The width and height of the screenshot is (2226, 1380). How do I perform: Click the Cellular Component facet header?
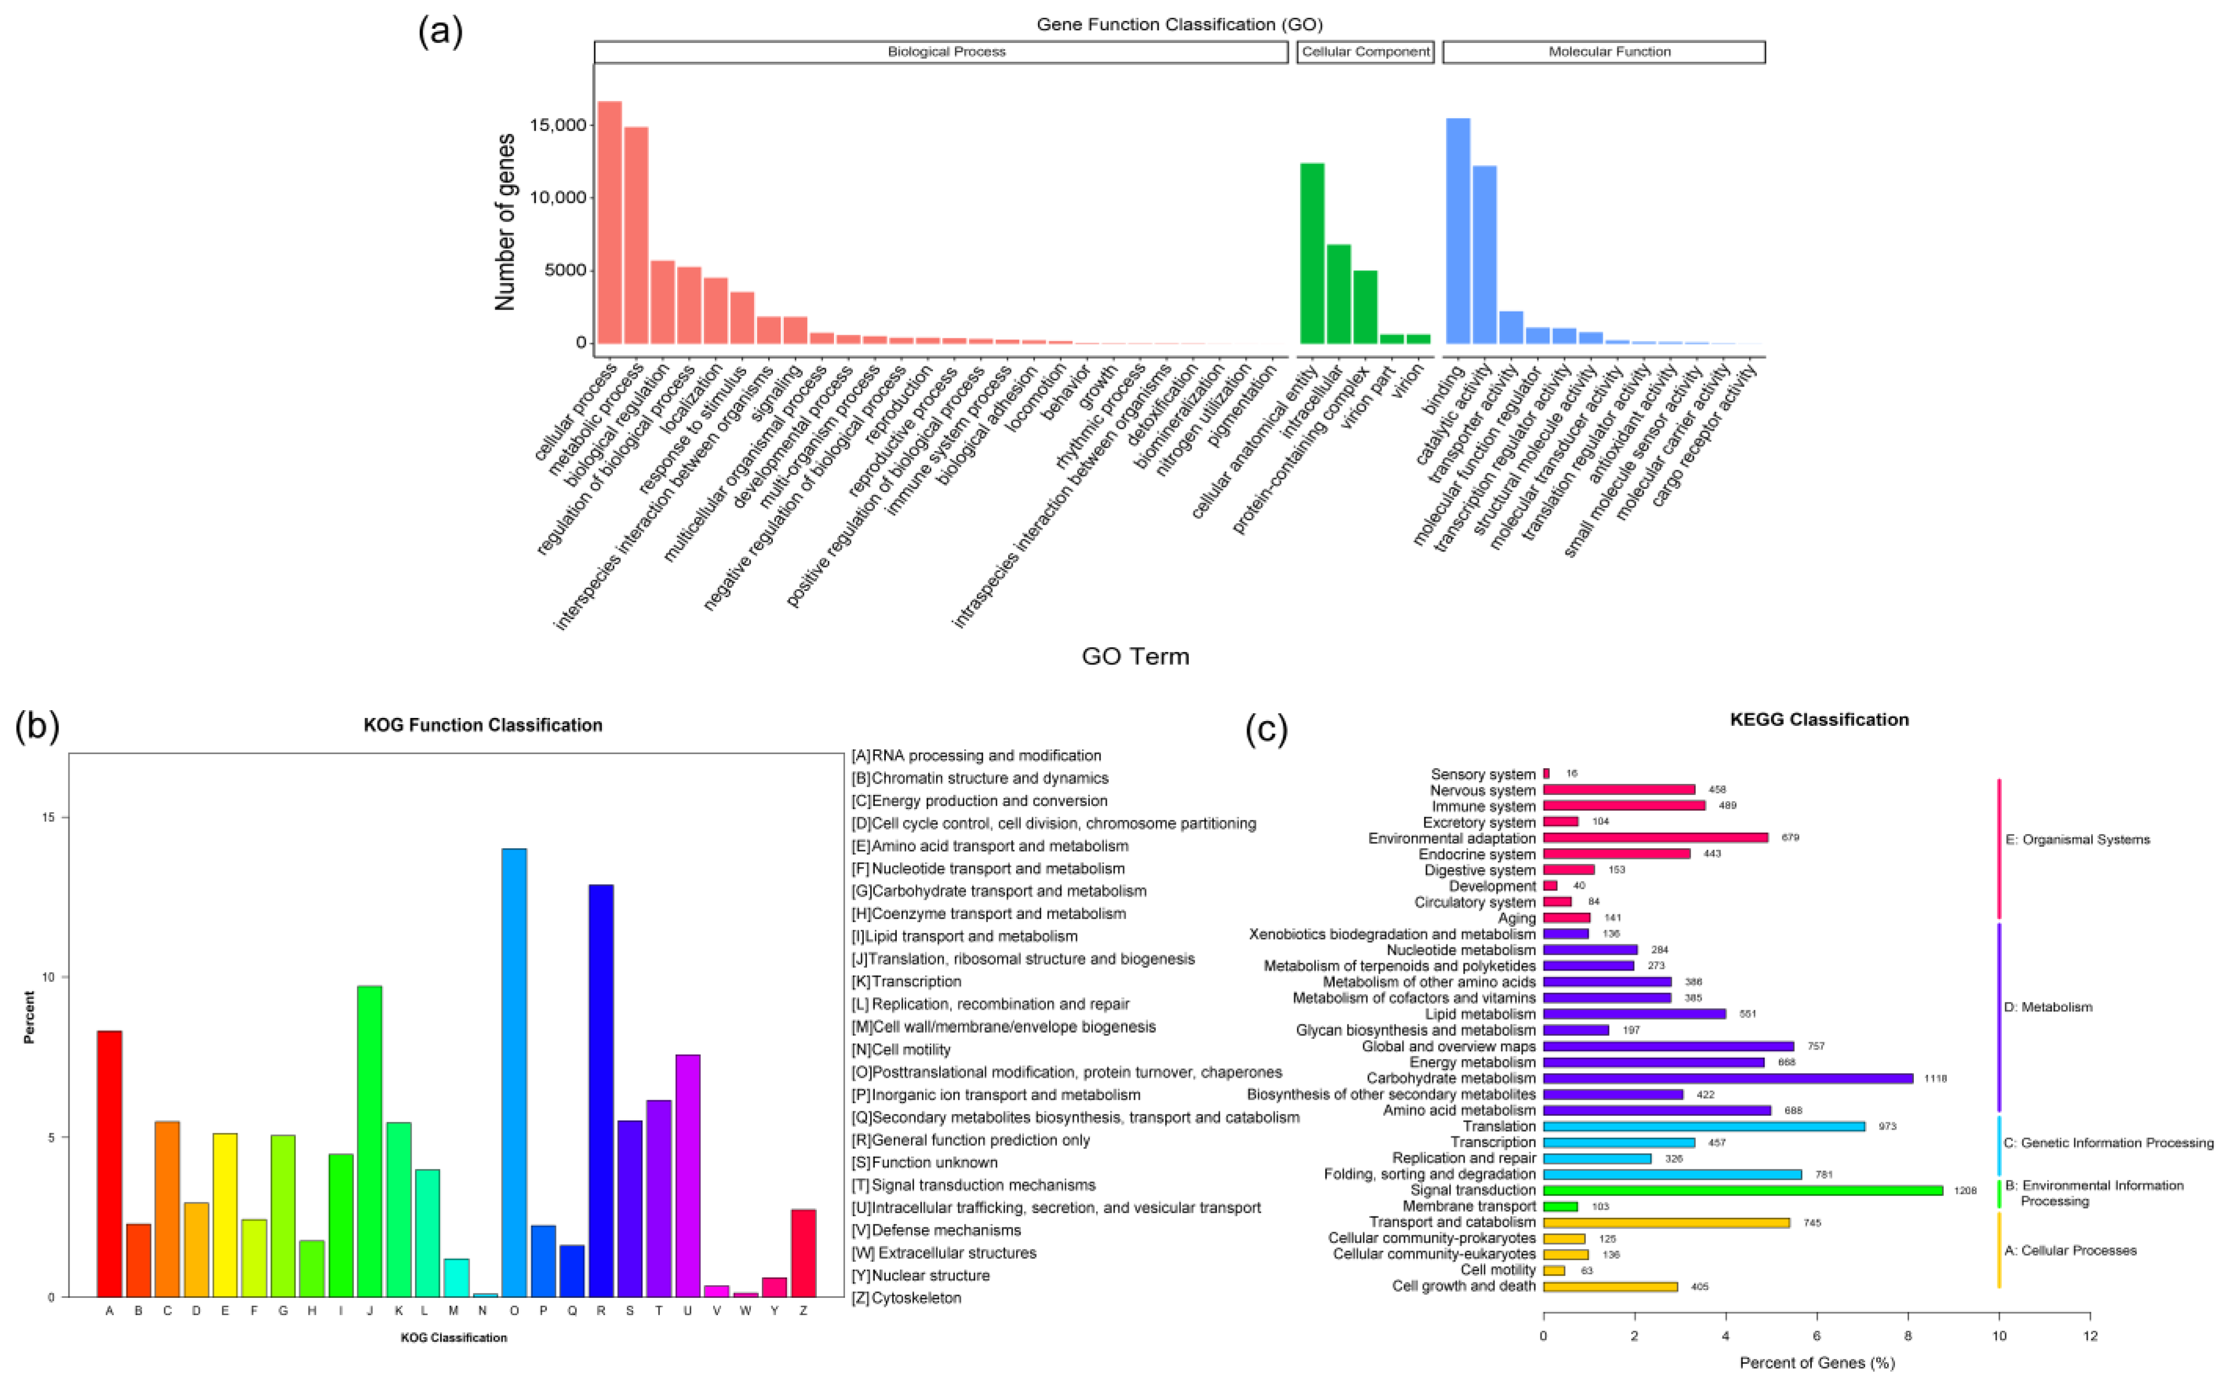[1365, 52]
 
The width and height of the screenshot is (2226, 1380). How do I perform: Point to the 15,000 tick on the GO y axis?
[557, 125]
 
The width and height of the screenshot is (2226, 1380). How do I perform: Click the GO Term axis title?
[1135, 656]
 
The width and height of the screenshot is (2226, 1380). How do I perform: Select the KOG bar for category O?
[514, 1073]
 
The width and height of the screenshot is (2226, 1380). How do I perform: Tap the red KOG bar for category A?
[109, 1163]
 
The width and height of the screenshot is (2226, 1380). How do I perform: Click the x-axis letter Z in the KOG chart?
[803, 1310]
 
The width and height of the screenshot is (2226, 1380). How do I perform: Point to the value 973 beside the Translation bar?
[1887, 1126]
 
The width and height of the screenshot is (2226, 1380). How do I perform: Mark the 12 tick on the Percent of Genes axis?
[2090, 1336]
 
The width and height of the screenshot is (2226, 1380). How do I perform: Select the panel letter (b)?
[38, 726]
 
